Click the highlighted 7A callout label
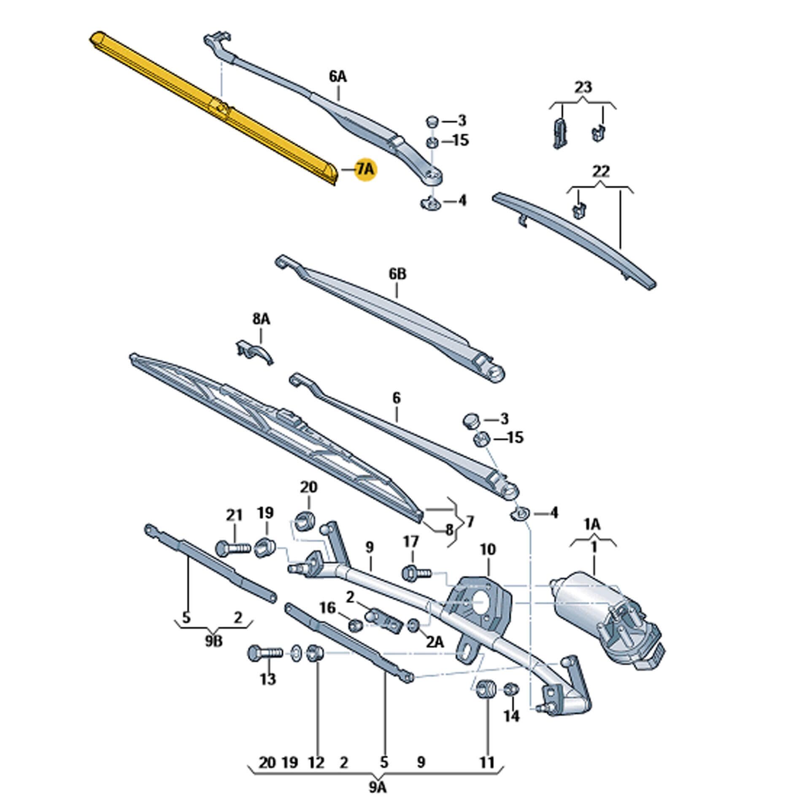tap(365, 170)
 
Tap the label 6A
tap(337, 77)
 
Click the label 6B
tap(397, 274)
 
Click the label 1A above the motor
tap(592, 525)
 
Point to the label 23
tap(583, 87)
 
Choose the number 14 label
tap(511, 716)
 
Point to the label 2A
tap(435, 642)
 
